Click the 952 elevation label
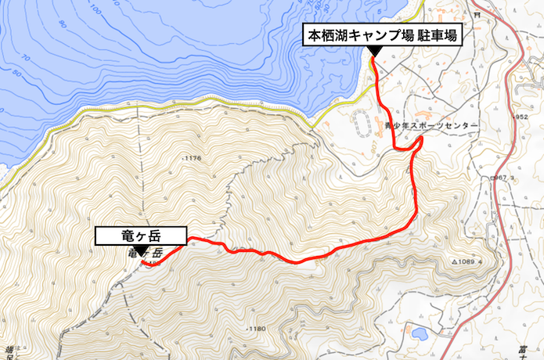tap(524, 117)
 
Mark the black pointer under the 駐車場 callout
tap(374, 51)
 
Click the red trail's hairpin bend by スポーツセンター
tap(420, 140)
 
